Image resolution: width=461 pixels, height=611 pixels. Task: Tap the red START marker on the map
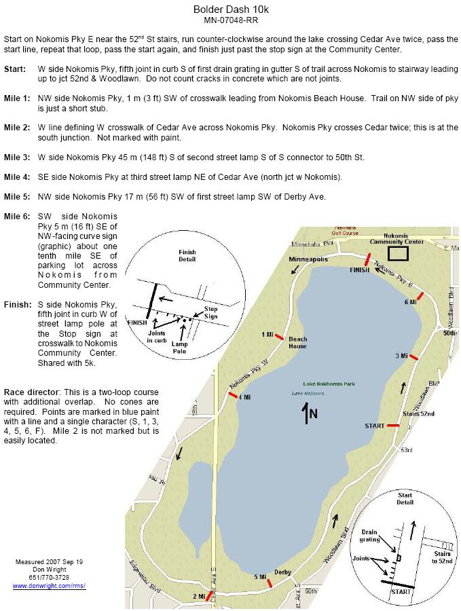[392, 426]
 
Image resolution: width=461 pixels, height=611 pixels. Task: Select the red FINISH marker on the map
[367, 261]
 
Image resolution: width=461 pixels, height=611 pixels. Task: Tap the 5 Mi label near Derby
[260, 577]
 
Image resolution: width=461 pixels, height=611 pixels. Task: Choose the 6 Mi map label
[411, 301]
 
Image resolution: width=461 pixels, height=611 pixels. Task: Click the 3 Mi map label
[401, 356]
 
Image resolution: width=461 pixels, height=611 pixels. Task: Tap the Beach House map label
[298, 343]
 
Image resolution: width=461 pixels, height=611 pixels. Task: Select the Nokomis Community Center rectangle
[398, 253]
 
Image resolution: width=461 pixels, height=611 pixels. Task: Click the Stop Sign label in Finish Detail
[211, 312]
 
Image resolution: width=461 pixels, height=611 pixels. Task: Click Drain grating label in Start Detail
[369, 536]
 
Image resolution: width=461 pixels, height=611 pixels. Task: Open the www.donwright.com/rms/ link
[50, 585]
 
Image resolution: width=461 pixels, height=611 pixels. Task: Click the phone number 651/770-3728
[50, 577]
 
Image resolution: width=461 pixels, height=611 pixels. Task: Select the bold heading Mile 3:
[16, 157]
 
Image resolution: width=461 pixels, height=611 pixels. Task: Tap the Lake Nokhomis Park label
[331, 384]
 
